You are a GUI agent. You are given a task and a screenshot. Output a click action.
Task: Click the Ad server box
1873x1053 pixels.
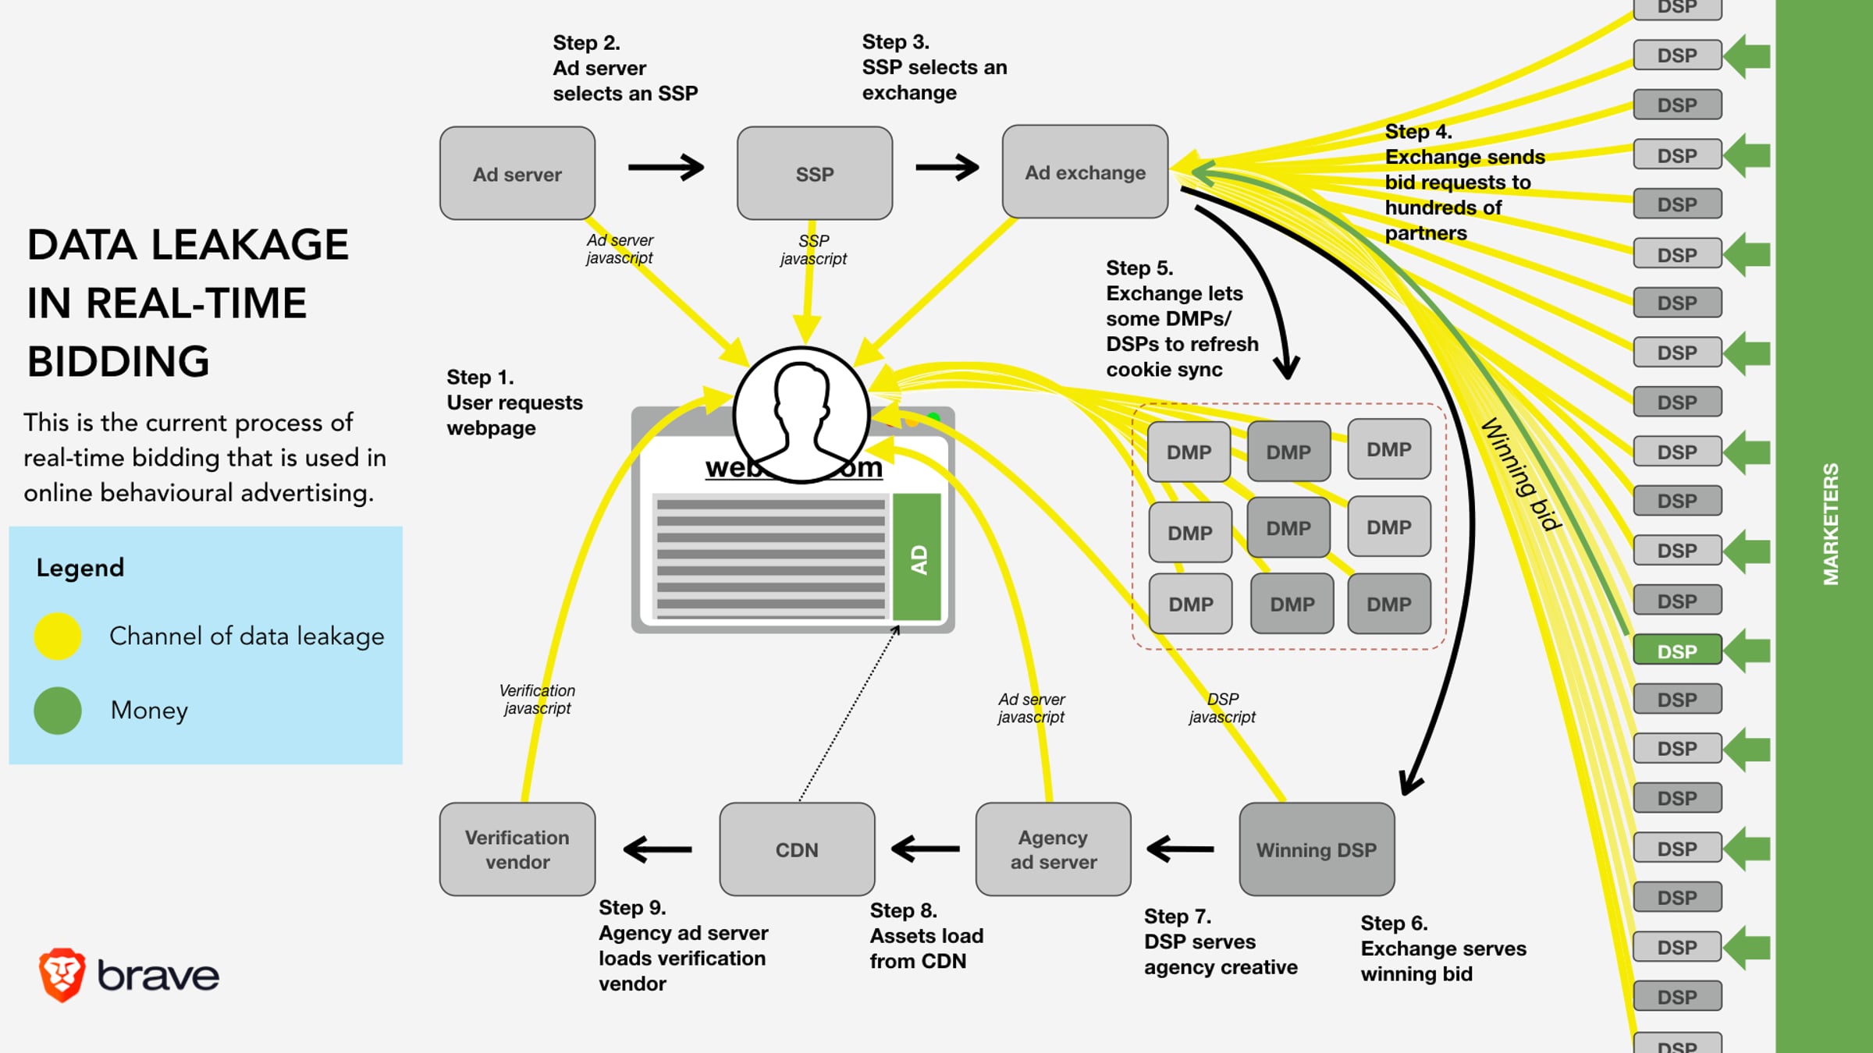[x=517, y=173]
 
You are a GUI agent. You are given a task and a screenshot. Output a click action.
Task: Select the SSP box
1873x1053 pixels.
[x=814, y=173]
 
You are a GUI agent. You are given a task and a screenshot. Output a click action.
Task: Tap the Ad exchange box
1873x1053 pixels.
[x=1085, y=172]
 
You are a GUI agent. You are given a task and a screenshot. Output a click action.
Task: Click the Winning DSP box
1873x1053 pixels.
[x=1317, y=849]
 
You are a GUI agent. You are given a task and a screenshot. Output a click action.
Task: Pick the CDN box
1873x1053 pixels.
[x=797, y=849]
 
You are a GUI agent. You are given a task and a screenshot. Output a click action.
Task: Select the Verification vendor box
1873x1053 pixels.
[x=517, y=849]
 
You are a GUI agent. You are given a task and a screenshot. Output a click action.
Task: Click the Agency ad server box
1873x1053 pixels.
[x=1053, y=849]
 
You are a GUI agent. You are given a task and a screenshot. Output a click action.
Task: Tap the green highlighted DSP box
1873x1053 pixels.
[x=1677, y=651]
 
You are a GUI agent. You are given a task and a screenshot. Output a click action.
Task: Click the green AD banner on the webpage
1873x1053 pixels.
[x=917, y=558]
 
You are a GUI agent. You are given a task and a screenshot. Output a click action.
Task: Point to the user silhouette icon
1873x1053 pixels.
[x=801, y=414]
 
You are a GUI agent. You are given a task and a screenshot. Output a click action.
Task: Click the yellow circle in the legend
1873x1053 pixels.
[x=58, y=636]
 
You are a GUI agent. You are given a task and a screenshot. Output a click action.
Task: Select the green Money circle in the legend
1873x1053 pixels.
[x=58, y=710]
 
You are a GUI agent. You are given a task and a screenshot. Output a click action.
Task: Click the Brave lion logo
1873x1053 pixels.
[x=62, y=975]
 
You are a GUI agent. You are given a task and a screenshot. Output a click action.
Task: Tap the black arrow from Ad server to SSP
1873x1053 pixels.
[x=666, y=167]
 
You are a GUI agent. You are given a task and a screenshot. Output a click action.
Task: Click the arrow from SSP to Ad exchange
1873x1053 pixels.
[x=947, y=167]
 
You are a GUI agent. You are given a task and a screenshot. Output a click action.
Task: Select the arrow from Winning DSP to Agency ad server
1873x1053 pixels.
[x=1180, y=849]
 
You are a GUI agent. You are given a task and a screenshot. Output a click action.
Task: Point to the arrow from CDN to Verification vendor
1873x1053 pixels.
[x=657, y=849]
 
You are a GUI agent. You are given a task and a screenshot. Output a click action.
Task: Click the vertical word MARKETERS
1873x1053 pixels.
[x=1830, y=524]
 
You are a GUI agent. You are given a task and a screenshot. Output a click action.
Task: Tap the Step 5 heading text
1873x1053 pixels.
[x=1139, y=268]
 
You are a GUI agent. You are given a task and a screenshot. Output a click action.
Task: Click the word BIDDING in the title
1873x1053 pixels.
[x=119, y=362]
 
